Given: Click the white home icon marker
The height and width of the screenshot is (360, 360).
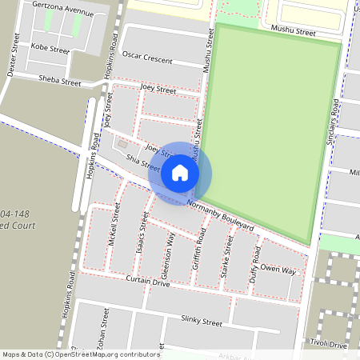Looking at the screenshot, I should (180, 173).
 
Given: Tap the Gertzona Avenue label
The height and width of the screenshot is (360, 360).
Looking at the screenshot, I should (63, 10).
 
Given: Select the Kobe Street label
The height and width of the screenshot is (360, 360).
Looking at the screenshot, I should (50, 48).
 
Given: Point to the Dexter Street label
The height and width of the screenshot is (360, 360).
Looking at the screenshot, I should (11, 61).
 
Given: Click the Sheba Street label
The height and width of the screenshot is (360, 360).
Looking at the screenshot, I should (59, 81).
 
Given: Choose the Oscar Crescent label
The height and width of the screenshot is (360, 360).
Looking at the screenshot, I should (148, 58).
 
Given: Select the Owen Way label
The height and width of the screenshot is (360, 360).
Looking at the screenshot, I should (278, 271).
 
